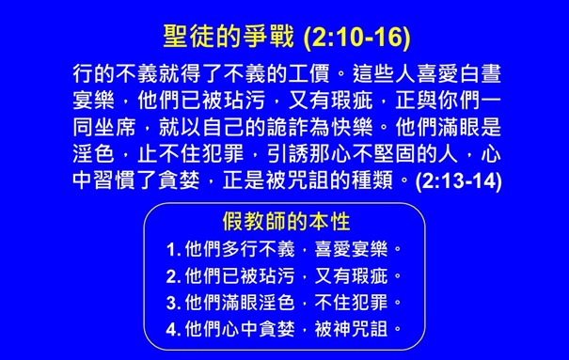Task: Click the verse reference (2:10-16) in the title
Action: (360, 40)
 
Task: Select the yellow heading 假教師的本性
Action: (286, 222)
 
